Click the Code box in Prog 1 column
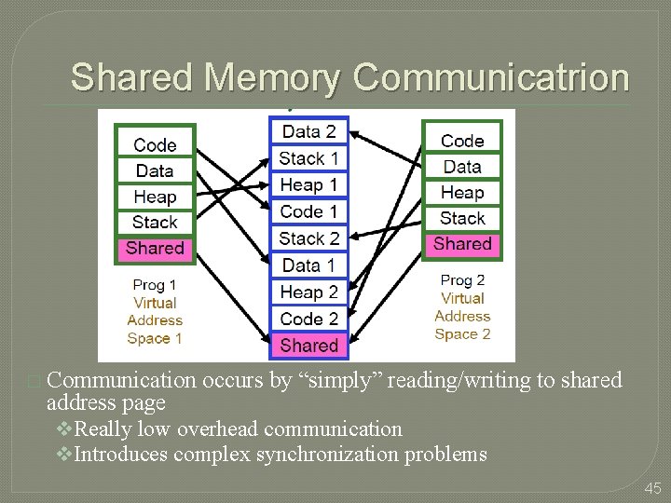155,144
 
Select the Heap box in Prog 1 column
155,197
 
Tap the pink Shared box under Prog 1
155,248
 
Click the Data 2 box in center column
308,131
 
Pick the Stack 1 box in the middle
308,158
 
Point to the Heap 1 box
308,185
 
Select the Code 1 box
308,211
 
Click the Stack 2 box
308,238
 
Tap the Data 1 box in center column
308,265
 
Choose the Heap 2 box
308,292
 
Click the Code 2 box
308,319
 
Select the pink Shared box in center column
308,345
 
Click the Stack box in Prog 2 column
462,219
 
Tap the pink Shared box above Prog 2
462,244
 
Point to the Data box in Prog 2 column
462,167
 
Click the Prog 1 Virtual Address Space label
155,311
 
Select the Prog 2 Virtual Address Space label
462,306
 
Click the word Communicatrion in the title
491,77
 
